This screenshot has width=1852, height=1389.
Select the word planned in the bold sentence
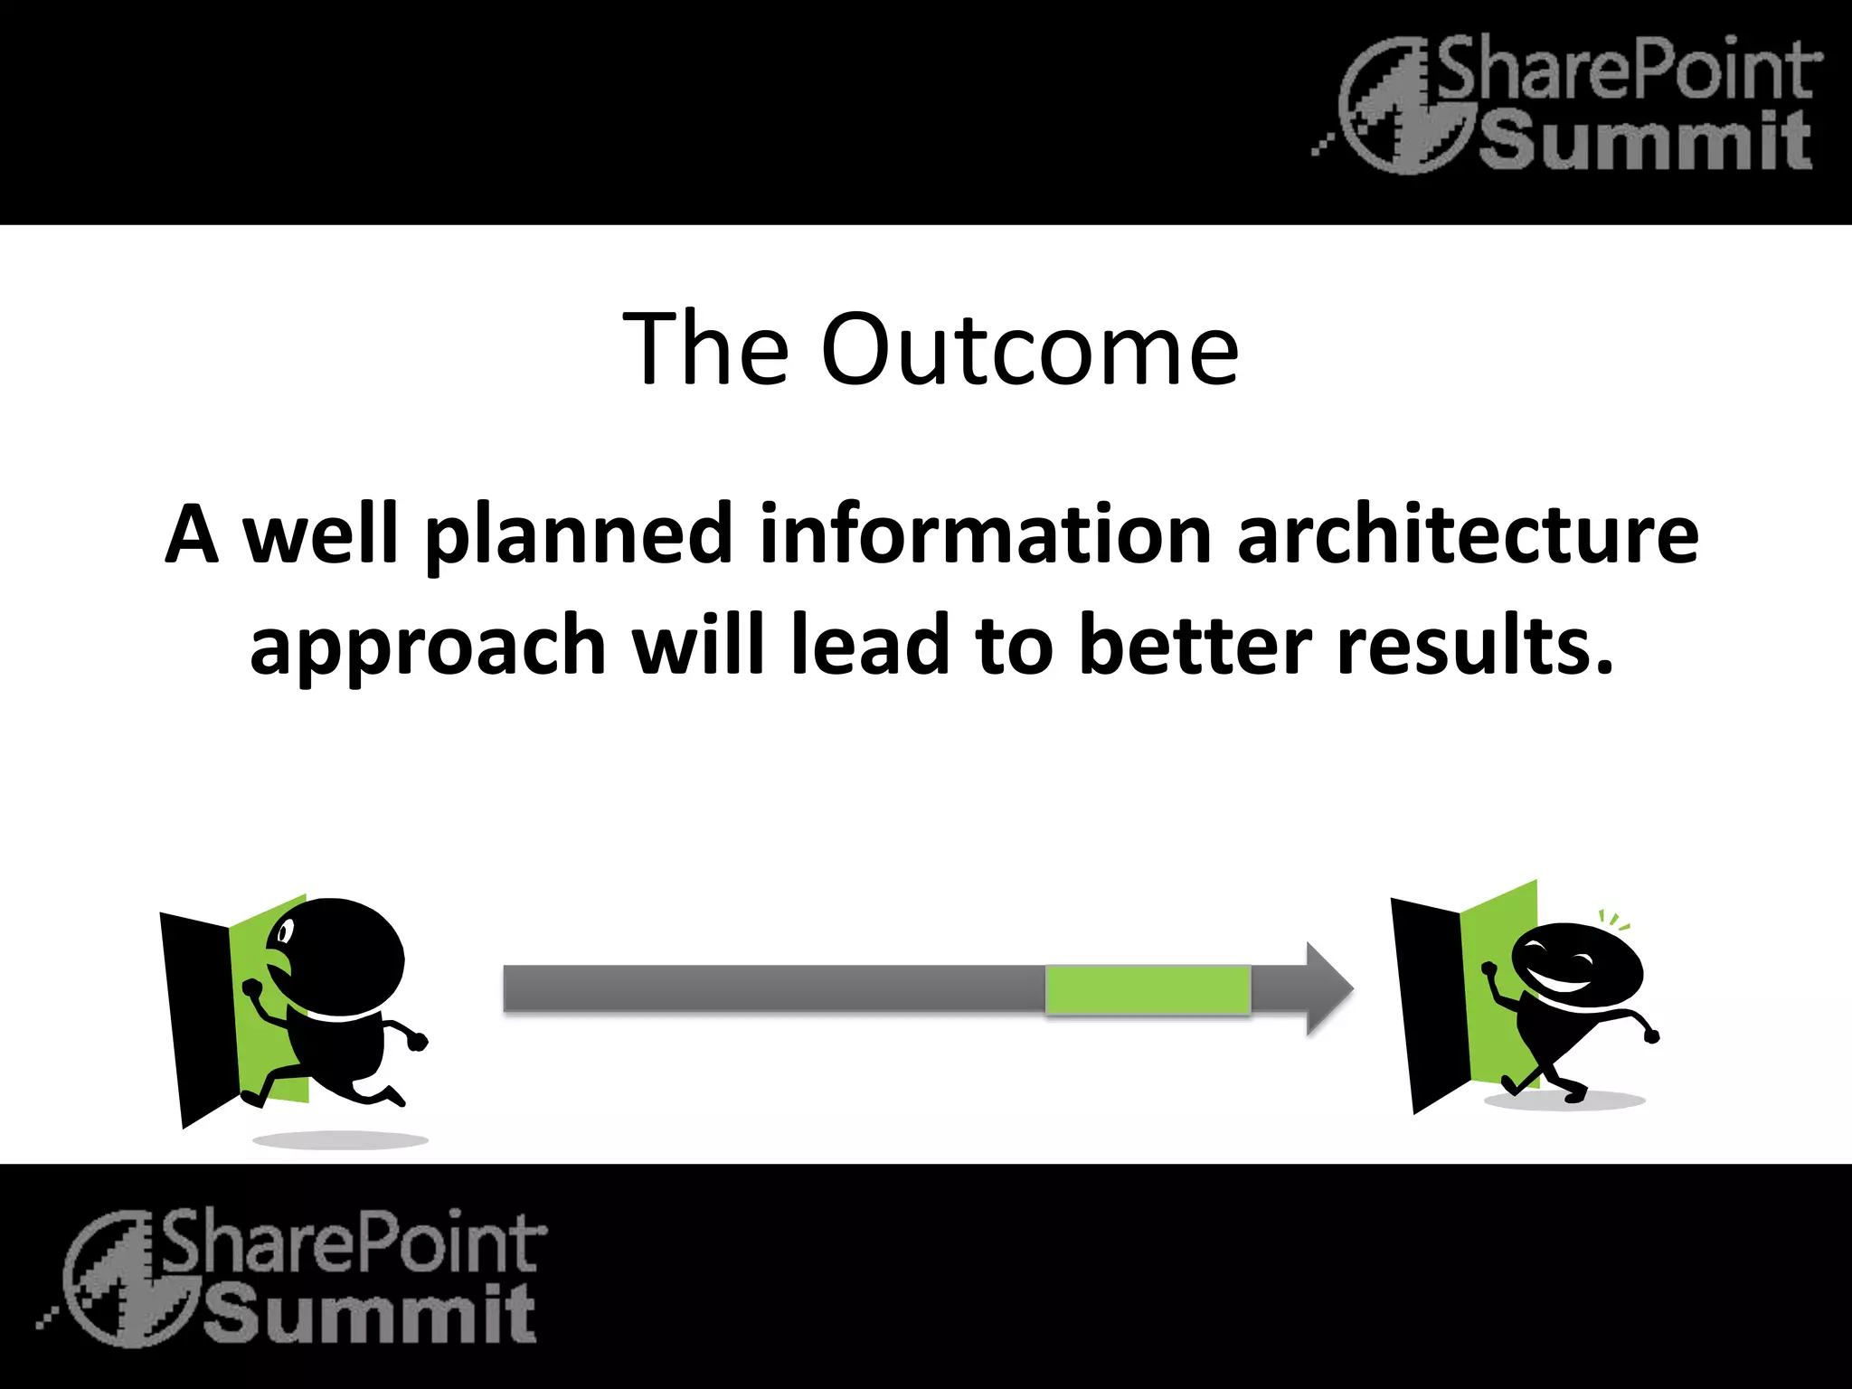pyautogui.click(x=579, y=535)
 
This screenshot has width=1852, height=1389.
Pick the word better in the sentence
pyautogui.click(x=1195, y=646)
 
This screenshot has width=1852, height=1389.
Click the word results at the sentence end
pyautogui.click(x=1474, y=646)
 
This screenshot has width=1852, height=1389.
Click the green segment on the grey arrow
pyautogui.click(x=1148, y=989)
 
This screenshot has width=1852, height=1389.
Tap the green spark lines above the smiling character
pyautogui.click(x=1614, y=921)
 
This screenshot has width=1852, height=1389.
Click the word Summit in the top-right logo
pyautogui.click(x=1646, y=143)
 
